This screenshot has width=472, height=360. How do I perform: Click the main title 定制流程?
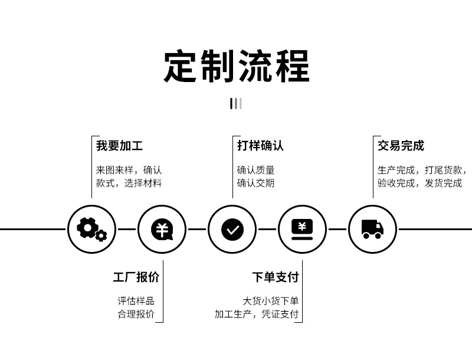(x=236, y=66)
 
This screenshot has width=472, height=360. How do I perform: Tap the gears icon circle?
(x=91, y=228)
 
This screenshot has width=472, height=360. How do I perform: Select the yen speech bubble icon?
(x=162, y=228)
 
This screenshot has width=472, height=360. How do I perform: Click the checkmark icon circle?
(x=232, y=228)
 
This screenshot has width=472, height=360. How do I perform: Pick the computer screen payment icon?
(x=302, y=228)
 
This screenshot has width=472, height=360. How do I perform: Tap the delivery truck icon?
(x=372, y=228)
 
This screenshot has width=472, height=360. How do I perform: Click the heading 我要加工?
(x=119, y=146)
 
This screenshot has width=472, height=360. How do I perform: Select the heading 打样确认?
(x=260, y=146)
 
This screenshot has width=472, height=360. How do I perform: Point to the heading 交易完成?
(x=401, y=146)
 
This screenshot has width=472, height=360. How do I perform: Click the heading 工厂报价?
(x=136, y=277)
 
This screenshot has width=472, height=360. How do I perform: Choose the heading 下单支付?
(x=275, y=277)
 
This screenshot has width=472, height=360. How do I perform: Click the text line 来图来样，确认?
(x=129, y=170)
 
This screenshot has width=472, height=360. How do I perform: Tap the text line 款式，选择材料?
(x=129, y=183)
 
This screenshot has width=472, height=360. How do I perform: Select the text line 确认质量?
(x=255, y=170)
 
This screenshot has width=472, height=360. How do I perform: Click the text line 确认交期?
(x=255, y=183)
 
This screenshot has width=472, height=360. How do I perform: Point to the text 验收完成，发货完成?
(x=419, y=183)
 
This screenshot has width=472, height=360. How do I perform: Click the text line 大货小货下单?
(x=271, y=301)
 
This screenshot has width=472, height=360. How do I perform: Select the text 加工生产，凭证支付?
(x=257, y=314)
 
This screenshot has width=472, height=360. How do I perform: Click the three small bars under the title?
(x=236, y=104)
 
